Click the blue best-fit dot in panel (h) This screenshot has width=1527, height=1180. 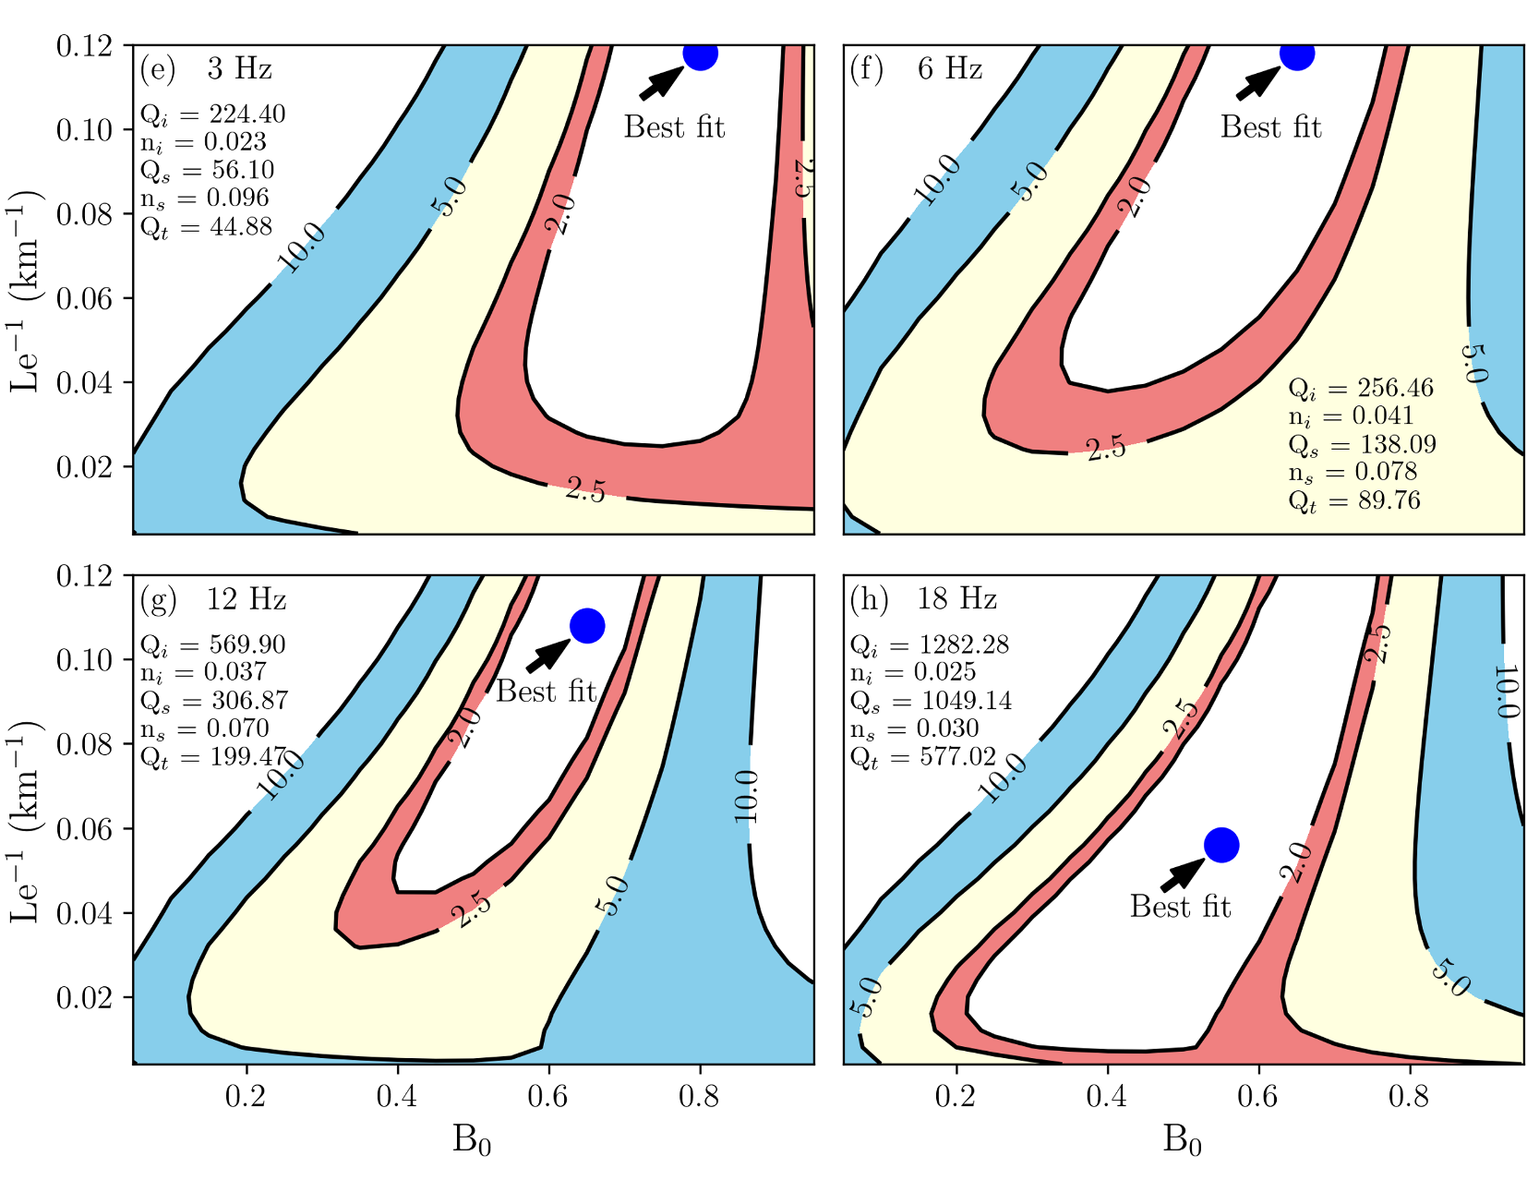pos(1221,845)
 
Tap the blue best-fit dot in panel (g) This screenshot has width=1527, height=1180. pos(587,626)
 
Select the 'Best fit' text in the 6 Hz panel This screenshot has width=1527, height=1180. pos(1270,126)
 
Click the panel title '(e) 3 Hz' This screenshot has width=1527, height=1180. pos(206,68)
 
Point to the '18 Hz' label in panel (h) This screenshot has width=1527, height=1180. pos(956,599)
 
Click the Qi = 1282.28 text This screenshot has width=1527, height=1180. pos(930,644)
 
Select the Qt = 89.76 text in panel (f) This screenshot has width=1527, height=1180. pos(1354,500)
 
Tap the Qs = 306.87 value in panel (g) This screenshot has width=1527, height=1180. pos(214,701)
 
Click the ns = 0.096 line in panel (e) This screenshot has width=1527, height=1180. pos(205,198)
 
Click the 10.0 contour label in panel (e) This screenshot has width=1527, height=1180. pos(302,247)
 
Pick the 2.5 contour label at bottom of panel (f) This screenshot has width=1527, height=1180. pos(1106,449)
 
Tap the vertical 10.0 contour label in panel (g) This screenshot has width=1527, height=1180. pos(748,796)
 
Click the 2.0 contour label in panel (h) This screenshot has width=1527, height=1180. pos(1296,862)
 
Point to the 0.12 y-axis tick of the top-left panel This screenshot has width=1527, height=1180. pos(84,46)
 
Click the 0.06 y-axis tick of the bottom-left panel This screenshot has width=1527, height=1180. pos(84,829)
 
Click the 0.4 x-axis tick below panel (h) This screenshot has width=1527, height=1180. pos(1107,1096)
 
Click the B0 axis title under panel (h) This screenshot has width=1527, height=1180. pos(1182,1141)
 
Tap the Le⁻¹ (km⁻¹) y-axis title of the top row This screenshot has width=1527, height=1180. pos(26,290)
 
